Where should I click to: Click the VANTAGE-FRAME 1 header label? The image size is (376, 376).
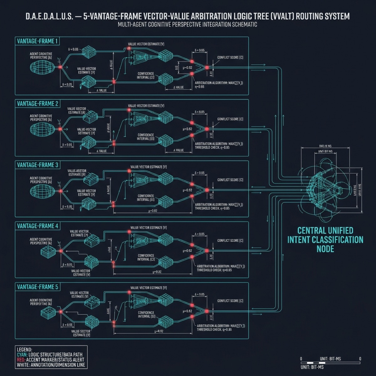tap(38, 41)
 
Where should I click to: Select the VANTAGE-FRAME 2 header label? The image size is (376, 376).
tap(38, 104)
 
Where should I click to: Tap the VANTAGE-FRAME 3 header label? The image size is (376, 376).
tap(38, 165)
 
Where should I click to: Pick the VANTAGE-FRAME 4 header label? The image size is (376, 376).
tap(38, 226)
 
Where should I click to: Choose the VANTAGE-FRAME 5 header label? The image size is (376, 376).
tap(38, 287)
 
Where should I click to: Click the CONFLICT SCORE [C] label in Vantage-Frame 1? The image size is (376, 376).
tap(230, 58)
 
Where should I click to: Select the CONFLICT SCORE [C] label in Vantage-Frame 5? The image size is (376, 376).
tap(230, 301)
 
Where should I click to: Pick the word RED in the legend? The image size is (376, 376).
tap(21, 360)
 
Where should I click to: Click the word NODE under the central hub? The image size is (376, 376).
tap(325, 249)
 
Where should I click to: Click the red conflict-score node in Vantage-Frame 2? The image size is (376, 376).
tap(207, 129)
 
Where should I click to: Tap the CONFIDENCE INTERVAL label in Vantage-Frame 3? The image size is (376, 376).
tap(146, 198)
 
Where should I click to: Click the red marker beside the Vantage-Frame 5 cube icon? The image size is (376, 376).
tap(61, 312)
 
